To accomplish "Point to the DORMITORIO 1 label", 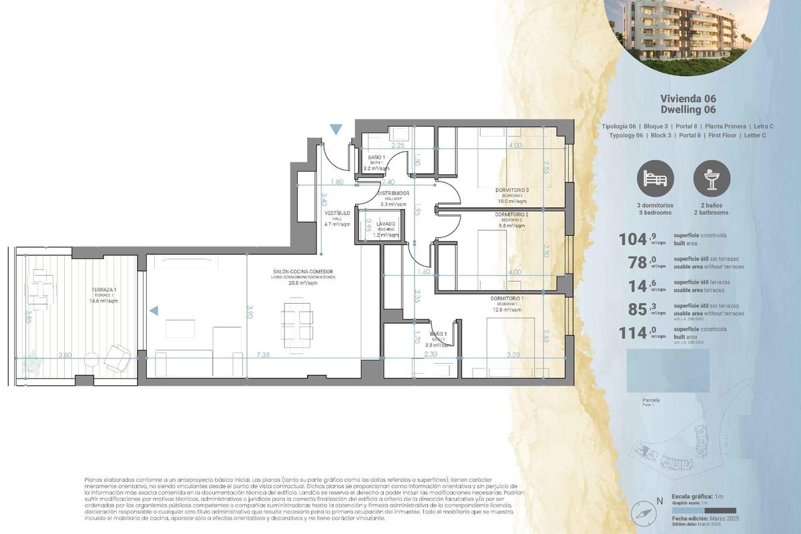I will (507, 298).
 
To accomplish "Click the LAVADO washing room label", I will (385, 224).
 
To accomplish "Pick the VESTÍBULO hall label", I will (337, 213).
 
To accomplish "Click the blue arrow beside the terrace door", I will (154, 310).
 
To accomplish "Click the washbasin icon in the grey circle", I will (712, 179).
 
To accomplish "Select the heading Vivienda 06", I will (688, 99).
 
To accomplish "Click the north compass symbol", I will (642, 511).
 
